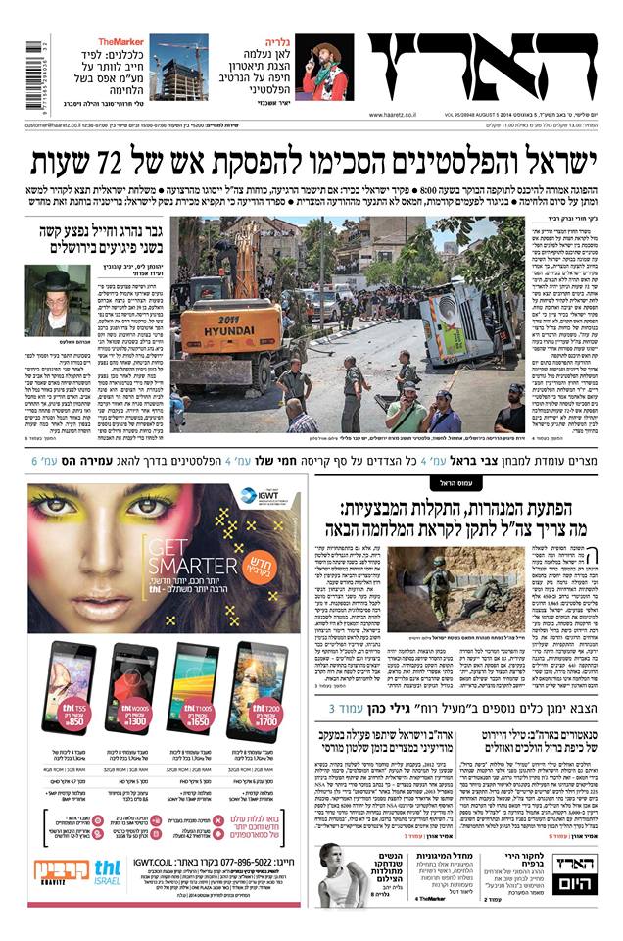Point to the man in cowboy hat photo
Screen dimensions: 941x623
pyautogui.click(x=324, y=69)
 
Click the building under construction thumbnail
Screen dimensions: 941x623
pyautogui.click(x=178, y=69)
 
